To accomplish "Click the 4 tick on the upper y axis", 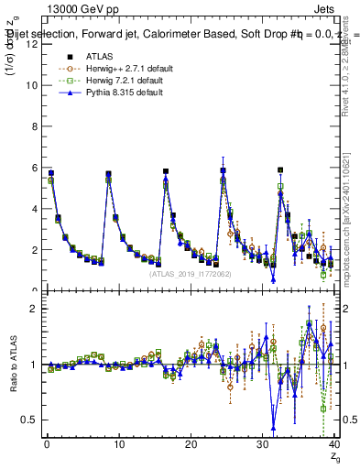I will [x=33, y=209].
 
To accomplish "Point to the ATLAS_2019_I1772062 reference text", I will [x=190, y=273].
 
